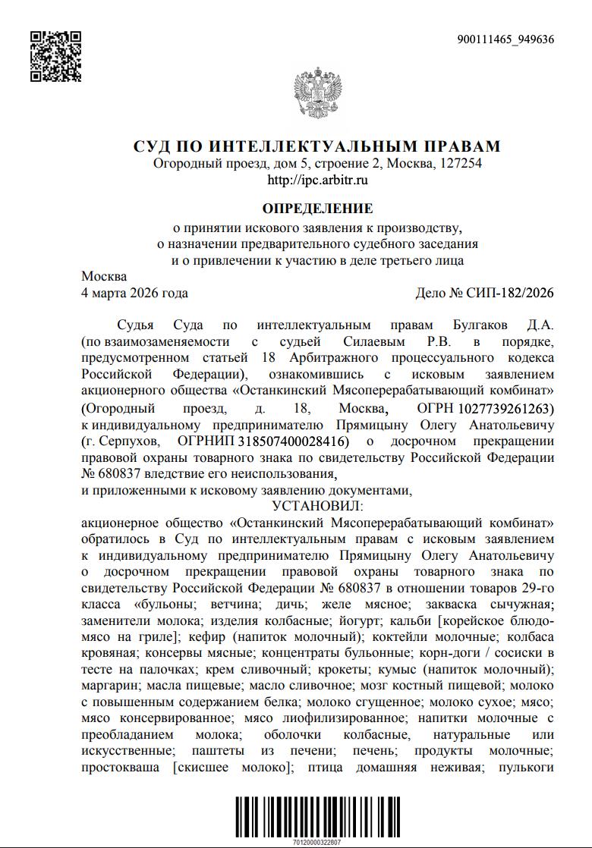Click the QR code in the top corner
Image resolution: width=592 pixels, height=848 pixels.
coord(55,56)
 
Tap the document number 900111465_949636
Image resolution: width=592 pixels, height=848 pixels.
coord(505,39)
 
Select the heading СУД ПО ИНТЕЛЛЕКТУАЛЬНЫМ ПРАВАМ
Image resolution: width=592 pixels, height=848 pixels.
coord(317,146)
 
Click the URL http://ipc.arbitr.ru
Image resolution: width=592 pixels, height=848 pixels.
coord(317,181)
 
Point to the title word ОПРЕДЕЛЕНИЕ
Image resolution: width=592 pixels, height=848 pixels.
coord(317,208)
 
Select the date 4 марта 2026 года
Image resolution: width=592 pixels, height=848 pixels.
coord(134,293)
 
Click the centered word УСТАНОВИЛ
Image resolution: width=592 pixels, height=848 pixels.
coord(317,504)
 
